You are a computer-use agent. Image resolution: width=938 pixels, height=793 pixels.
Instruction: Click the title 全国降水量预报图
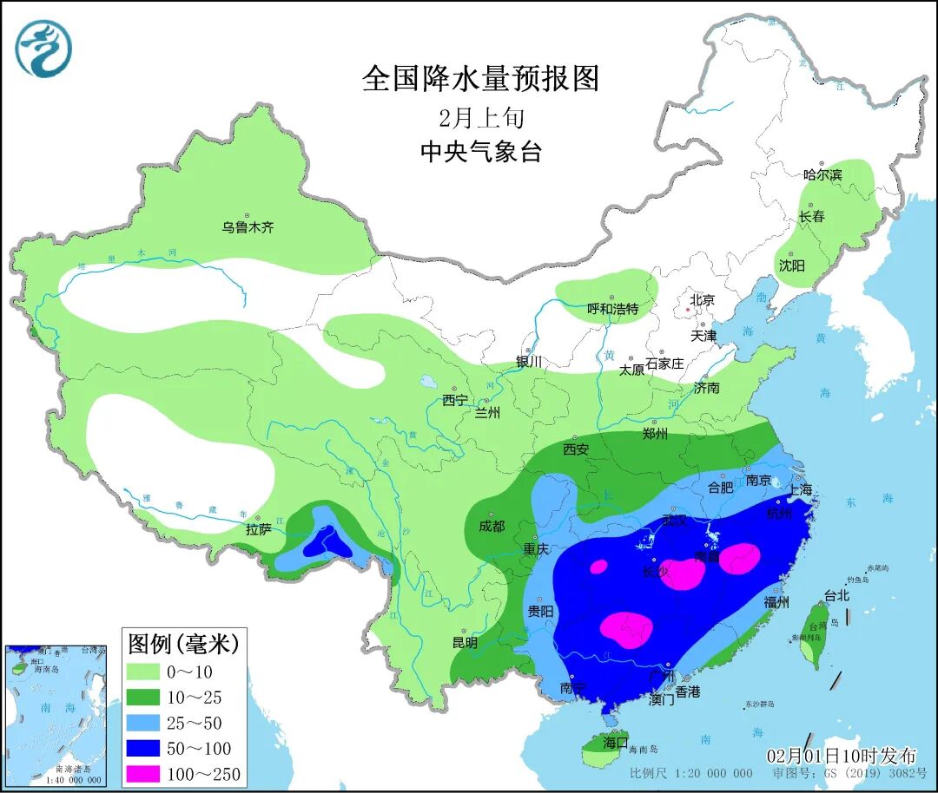pyautogui.click(x=480, y=79)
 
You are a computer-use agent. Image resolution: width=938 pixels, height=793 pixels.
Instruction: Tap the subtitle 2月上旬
pyautogui.click(x=480, y=117)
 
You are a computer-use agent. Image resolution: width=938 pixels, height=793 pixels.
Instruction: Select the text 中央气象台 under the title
pyautogui.click(x=480, y=152)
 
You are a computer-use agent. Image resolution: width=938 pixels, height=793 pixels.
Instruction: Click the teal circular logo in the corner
pyautogui.click(x=43, y=48)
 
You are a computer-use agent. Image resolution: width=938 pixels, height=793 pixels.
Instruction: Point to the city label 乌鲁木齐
pyautogui.click(x=248, y=228)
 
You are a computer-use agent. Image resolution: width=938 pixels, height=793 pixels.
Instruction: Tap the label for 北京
pyautogui.click(x=702, y=300)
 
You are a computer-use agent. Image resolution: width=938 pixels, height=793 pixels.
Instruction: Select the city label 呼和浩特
pyautogui.click(x=612, y=309)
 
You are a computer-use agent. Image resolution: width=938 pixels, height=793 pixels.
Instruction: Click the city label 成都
pyautogui.click(x=491, y=526)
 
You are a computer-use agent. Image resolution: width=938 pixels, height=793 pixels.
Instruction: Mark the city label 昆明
pyautogui.click(x=466, y=643)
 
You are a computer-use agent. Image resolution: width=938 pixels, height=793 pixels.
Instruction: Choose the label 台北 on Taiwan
pyautogui.click(x=836, y=597)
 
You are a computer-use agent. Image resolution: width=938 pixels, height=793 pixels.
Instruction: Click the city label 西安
pyautogui.click(x=576, y=449)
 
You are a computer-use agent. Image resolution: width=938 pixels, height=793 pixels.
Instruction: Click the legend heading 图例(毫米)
pyautogui.click(x=182, y=644)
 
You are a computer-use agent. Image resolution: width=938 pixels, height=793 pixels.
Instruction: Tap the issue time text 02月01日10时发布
pyautogui.click(x=840, y=757)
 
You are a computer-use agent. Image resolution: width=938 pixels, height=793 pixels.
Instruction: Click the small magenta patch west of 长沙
pyautogui.click(x=598, y=567)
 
